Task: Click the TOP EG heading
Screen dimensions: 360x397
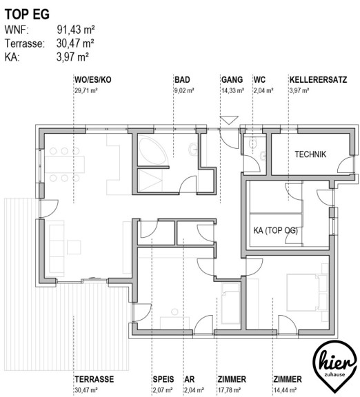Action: click(x=27, y=14)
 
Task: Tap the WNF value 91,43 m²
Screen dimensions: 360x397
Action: click(x=76, y=30)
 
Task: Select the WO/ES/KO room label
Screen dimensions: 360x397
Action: click(x=92, y=80)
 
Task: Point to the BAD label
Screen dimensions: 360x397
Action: click(x=182, y=80)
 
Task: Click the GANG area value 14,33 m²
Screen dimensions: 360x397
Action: click(x=232, y=90)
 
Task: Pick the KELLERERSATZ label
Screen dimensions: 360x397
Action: click(x=318, y=80)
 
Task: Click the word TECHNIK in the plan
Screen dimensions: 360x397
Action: click(x=310, y=154)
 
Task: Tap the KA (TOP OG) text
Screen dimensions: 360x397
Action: click(x=276, y=230)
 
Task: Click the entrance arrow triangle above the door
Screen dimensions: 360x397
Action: click(x=229, y=120)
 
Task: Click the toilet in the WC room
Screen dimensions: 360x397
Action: click(x=252, y=143)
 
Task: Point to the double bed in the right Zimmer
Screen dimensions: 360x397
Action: click(x=303, y=292)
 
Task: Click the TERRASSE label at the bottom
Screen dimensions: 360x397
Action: click(x=94, y=379)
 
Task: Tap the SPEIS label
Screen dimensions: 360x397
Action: click(x=163, y=379)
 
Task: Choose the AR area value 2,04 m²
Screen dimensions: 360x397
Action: click(x=194, y=390)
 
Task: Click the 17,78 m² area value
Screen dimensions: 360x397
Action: click(x=229, y=390)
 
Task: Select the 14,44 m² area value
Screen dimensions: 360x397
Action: click(x=285, y=390)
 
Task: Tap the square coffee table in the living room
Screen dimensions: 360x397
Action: click(x=74, y=247)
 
